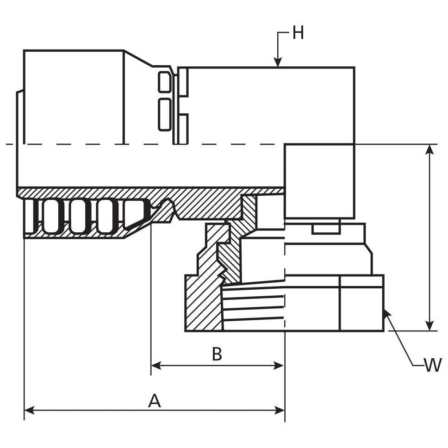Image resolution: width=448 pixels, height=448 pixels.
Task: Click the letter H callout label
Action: tap(298, 33)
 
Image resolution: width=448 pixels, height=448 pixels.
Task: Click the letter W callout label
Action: tap(433, 365)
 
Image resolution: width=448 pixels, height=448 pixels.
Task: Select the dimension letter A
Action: tap(155, 401)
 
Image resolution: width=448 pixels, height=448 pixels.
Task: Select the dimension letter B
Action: tap(217, 354)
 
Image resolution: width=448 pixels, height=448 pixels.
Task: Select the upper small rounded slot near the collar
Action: tap(164, 82)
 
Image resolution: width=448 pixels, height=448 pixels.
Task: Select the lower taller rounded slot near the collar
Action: tap(164, 114)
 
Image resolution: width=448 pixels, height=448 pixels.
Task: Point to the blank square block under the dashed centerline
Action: tap(319, 180)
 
